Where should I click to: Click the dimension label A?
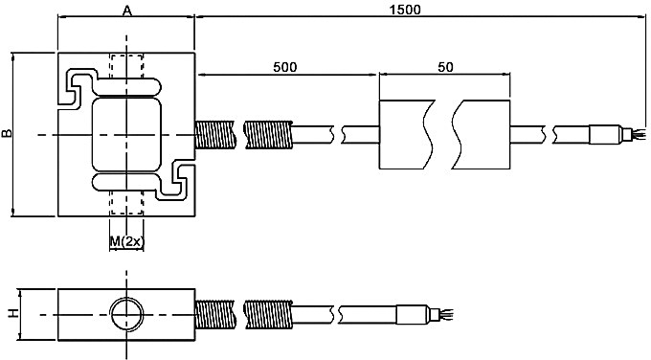[x=126, y=11]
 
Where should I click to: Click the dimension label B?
[x=8, y=135]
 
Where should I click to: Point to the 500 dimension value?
[x=285, y=67]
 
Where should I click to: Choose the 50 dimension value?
[x=445, y=67]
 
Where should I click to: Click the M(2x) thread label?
[x=126, y=241]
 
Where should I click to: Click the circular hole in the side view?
[x=125, y=313]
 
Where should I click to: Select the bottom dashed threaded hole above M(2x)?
[x=125, y=206]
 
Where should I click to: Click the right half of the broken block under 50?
[x=483, y=134]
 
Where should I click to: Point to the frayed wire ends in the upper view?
[x=632, y=135]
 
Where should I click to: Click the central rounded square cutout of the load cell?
[x=125, y=135]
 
